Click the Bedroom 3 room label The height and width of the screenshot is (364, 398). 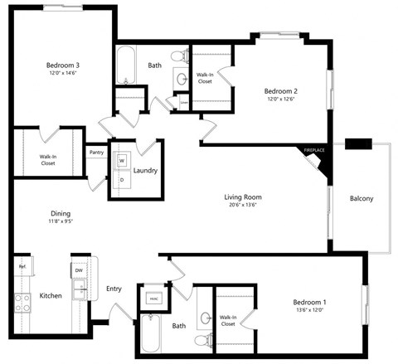point(61,65)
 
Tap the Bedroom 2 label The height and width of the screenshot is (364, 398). point(280,91)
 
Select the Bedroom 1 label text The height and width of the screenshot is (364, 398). point(313,303)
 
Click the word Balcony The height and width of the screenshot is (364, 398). point(362,198)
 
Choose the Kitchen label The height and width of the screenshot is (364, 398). point(51,296)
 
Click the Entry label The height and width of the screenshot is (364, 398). point(114,289)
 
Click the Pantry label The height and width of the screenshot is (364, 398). point(95,153)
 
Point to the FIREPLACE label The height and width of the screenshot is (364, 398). point(313,149)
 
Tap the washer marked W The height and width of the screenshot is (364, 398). point(122,161)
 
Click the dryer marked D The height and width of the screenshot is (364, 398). point(122,180)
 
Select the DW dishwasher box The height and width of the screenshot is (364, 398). point(79,271)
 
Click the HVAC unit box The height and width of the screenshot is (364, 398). point(154,297)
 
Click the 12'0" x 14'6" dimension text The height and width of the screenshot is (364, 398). point(61,74)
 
